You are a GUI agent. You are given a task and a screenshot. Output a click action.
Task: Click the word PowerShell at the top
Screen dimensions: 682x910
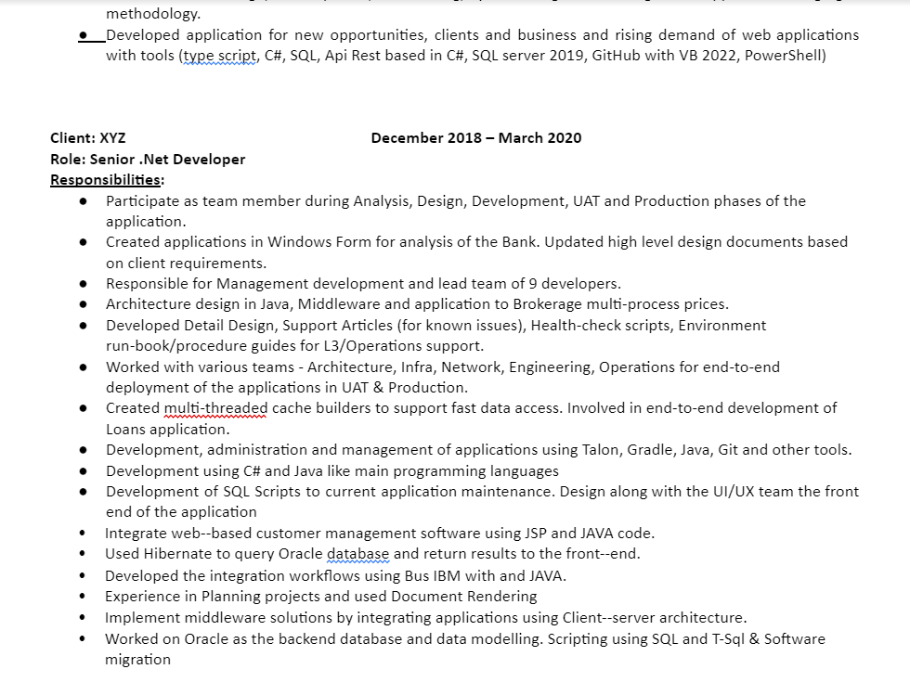point(785,56)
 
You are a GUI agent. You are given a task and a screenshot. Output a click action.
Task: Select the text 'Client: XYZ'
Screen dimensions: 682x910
point(88,138)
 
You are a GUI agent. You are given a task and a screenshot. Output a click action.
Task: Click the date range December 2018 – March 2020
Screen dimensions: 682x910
point(476,138)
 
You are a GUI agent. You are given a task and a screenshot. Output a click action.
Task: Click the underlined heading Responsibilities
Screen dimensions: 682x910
point(107,180)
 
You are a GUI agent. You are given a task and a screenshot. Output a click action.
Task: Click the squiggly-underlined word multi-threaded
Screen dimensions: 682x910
point(215,408)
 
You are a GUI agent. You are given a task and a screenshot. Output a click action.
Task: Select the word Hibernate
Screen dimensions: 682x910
point(178,554)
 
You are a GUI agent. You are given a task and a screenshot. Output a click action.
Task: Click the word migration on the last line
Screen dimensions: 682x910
point(137,660)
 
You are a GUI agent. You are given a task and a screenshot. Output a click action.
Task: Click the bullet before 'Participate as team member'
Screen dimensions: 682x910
point(84,201)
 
